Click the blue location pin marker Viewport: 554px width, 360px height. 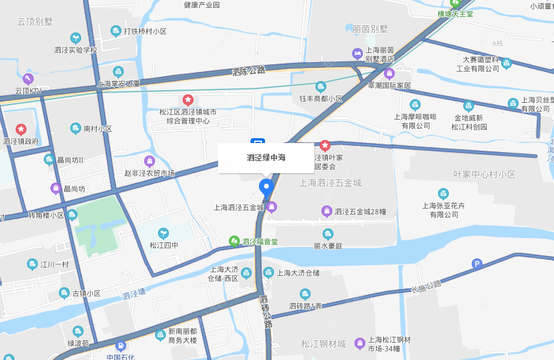(266, 188)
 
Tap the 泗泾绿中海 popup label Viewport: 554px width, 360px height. (266, 158)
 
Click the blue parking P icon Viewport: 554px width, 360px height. (477, 263)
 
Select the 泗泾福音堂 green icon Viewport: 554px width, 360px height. (234, 242)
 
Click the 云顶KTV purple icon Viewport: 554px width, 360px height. (28, 79)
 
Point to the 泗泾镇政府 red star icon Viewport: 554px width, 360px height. (21, 129)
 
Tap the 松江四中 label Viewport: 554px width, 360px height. (165, 245)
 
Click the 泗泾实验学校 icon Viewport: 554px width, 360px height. (75, 38)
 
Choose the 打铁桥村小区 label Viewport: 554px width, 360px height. (145, 31)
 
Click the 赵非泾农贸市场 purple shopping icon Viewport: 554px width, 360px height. (150, 161)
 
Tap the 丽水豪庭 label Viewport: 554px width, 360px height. (327, 246)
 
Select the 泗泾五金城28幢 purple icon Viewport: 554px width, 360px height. (326, 211)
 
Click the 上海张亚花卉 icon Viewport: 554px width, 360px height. (443, 194)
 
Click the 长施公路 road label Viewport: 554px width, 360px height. (425, 287)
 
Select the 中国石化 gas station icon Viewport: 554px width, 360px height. (121, 346)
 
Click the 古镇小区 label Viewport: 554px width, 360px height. (87, 293)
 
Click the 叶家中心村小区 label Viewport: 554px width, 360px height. (484, 174)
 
